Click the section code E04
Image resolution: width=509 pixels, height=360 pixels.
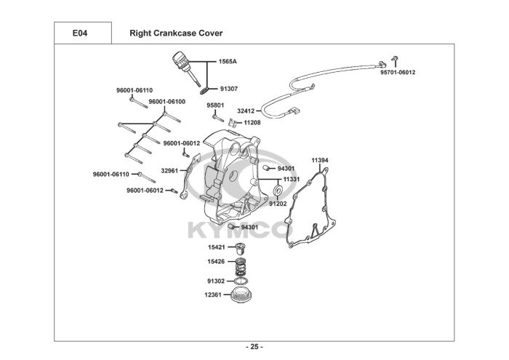coord(79,33)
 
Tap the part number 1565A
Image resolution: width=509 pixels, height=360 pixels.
coord(228,61)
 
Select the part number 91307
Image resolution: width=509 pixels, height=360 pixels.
coord(229,89)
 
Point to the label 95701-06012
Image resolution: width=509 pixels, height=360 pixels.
coord(398,73)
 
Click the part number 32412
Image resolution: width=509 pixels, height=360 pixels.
coord(246,111)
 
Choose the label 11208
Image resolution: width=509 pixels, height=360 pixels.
coord(252,123)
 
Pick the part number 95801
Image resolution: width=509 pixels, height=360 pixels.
coord(215,105)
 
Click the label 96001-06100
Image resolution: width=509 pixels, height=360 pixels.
coord(167,102)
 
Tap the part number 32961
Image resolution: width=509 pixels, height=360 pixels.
coord(169,170)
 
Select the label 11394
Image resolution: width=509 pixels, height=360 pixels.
coord(320,160)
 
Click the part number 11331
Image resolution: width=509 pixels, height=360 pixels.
coord(292,179)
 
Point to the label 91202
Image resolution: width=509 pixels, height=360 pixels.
coord(278,204)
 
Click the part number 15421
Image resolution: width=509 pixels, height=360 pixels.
coord(217,247)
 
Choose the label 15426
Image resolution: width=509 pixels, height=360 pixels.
coord(216,261)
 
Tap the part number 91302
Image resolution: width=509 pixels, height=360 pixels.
coord(216,281)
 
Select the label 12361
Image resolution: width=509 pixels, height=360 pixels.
coord(213,295)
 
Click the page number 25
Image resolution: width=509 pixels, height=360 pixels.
coord(254,347)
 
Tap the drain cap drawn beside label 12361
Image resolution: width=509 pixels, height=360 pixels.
coord(241,295)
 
